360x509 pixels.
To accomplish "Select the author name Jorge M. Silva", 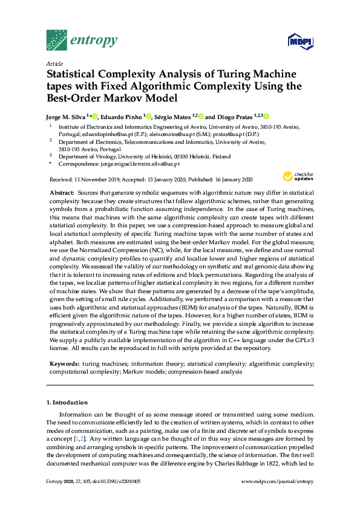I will click(x=66, y=116).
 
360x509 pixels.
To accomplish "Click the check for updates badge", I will click(x=298, y=177).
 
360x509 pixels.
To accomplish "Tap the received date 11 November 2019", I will click(x=93, y=180).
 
